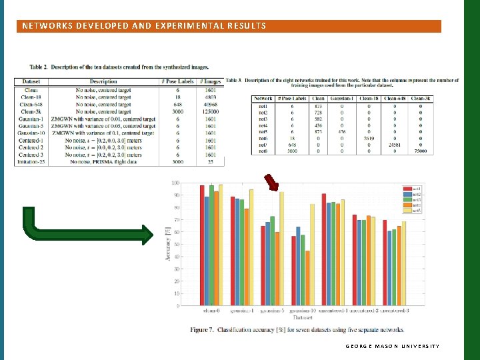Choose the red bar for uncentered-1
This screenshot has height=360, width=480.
coord(324,249)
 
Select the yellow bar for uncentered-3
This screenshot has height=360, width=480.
coord(404,263)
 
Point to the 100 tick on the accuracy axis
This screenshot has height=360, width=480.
coord(175,182)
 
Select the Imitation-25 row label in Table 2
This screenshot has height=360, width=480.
coord(31,163)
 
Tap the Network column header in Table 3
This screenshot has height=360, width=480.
coord(263,98)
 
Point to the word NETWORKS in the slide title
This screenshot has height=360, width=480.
coord(46,26)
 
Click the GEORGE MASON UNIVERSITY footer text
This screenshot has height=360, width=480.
coord(393,347)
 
